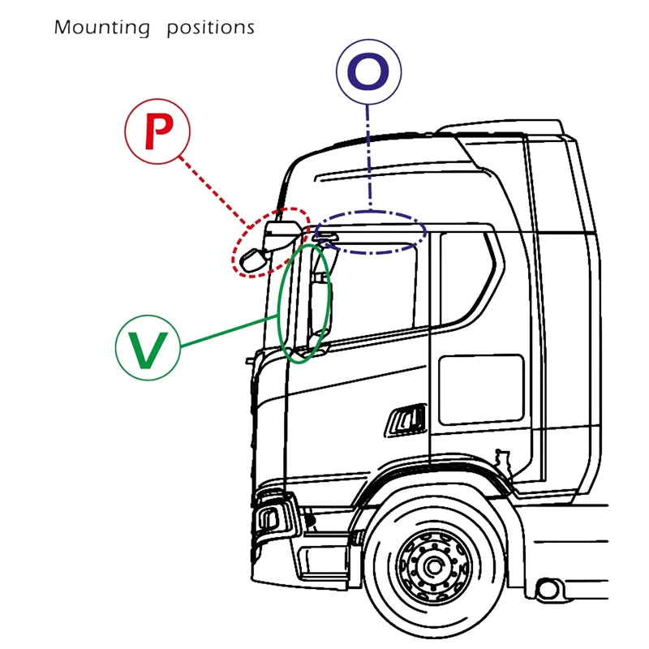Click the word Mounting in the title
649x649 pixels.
pyautogui.click(x=101, y=28)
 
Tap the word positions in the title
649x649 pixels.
pyautogui.click(x=210, y=28)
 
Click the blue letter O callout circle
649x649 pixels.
pyautogui.click(x=368, y=73)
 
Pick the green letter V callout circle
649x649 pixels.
pyautogui.click(x=148, y=346)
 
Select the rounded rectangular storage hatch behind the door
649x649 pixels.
pyautogui.click(x=480, y=389)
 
